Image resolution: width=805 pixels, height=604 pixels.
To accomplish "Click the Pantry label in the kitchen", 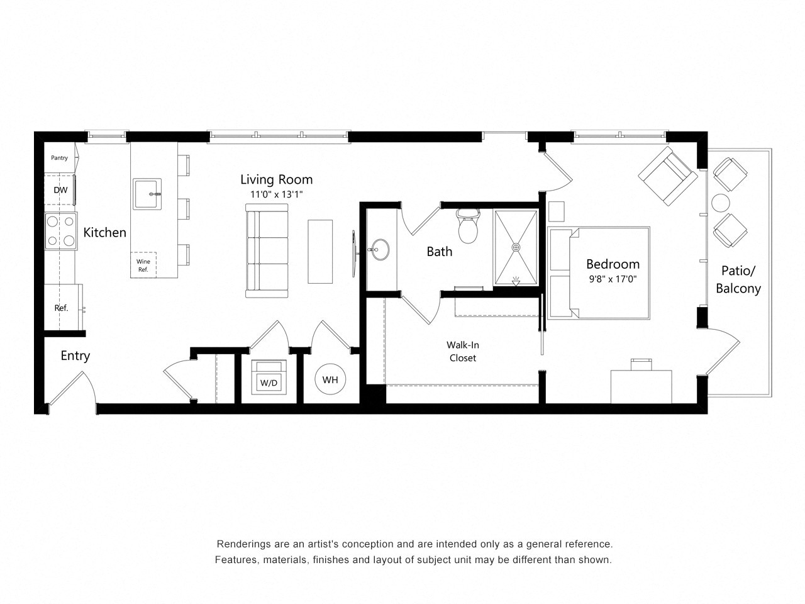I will pos(59,158).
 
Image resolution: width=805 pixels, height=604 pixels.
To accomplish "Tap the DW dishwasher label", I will pos(60,190).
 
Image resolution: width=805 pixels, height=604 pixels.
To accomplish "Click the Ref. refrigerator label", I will pos(61,308).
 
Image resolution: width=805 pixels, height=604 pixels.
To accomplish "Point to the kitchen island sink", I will pos(147,194).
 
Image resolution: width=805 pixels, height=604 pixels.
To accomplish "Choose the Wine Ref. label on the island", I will pos(143,266).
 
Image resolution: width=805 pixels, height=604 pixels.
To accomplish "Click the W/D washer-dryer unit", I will pos(269,377).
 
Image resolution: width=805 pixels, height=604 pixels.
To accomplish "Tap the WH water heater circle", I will pos(330,379).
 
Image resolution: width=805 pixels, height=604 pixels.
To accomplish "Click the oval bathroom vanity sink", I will pos(379,250).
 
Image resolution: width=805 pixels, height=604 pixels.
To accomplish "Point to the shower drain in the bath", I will pos(516,248).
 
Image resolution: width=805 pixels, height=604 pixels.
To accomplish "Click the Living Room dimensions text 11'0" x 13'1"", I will pos(277,194).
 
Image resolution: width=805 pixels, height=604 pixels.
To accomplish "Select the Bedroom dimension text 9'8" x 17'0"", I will pos(612,279).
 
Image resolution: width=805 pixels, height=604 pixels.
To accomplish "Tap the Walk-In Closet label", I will pos(462,351).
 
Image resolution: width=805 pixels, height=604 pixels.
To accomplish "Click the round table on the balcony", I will pos(720,203).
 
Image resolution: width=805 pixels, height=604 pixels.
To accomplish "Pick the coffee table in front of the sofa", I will pos(320,251).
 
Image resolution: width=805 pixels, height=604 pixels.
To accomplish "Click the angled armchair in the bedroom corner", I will pos(667,176).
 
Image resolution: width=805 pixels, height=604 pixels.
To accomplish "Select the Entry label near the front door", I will pos(75,355).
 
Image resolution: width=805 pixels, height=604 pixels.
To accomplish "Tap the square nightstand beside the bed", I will pos(557,211).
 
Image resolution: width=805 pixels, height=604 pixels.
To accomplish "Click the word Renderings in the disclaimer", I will pos(243,544).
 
